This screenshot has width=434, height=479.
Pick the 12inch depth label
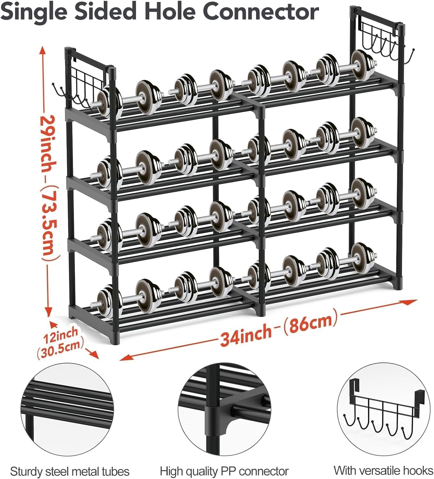pyautogui.click(x=61, y=335)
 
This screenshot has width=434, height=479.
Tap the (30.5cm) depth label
pyautogui.click(x=60, y=347)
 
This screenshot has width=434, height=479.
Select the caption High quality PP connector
pyautogui.click(x=224, y=464)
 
